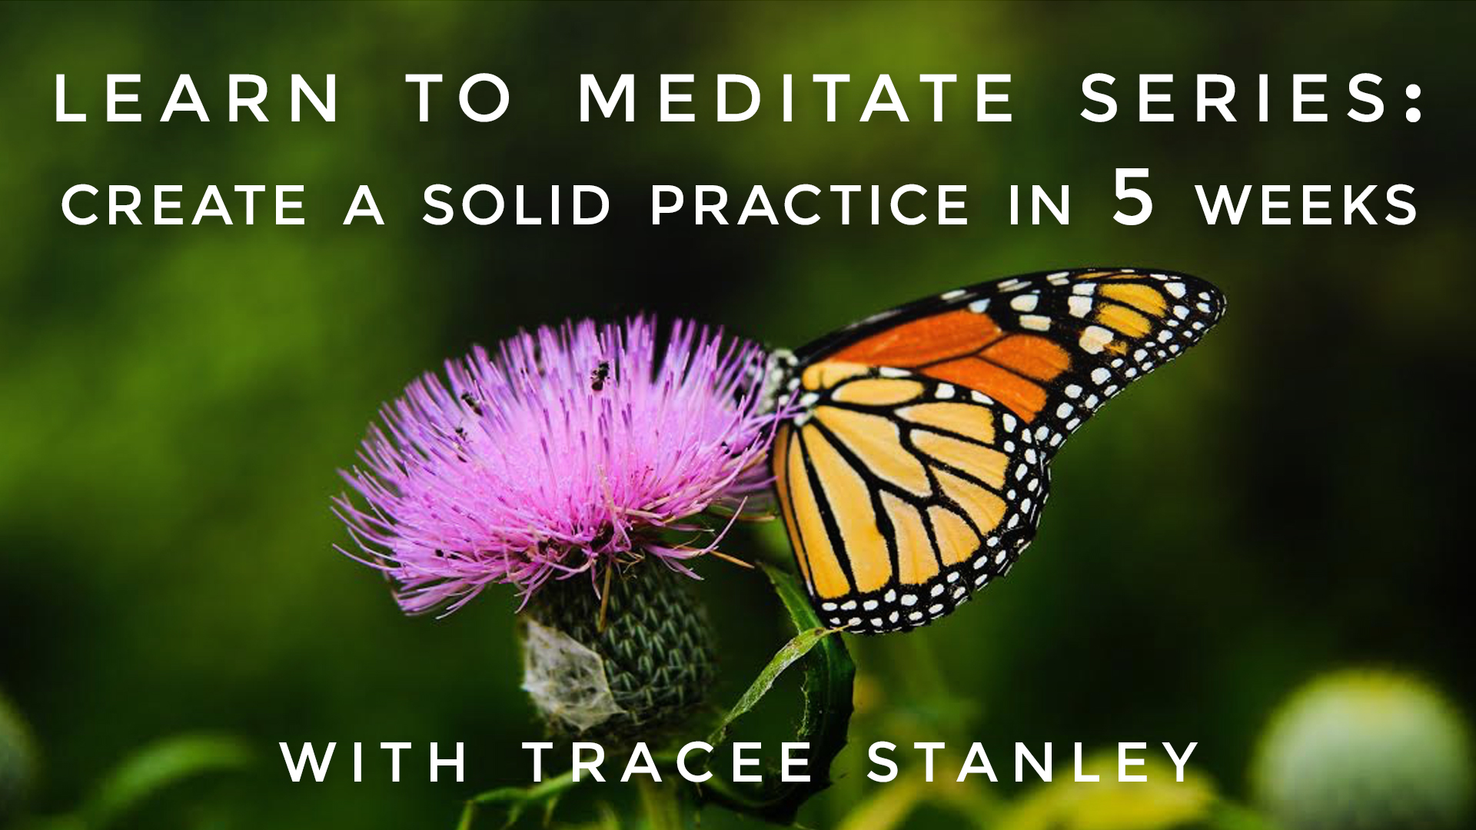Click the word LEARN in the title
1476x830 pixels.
(197, 98)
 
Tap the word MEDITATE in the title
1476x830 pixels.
(796, 98)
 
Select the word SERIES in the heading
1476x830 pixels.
(1233, 98)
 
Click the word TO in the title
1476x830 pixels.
(459, 98)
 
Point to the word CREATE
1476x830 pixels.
(184, 205)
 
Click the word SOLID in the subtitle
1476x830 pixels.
(516, 205)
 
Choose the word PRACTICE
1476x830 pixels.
(809, 205)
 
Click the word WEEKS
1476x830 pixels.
(1307, 205)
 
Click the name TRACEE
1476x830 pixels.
(669, 762)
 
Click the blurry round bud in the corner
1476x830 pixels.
(1361, 745)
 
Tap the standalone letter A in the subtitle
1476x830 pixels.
(364, 205)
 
